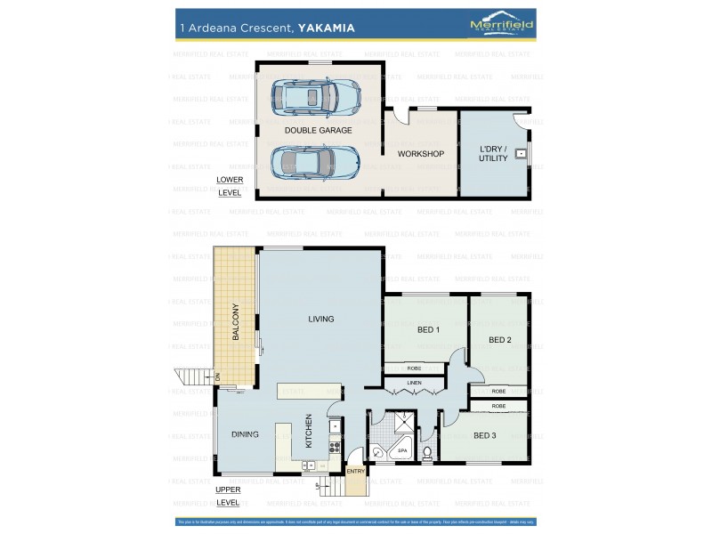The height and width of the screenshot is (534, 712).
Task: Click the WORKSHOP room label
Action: pos(420,154)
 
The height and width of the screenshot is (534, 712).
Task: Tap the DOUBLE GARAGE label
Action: pos(318,130)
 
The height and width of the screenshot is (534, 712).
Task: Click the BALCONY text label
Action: pos(236,321)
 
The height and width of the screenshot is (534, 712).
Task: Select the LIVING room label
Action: pos(321,319)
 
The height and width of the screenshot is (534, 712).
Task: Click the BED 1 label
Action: pos(428,330)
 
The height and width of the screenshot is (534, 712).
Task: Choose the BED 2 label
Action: pos(499,340)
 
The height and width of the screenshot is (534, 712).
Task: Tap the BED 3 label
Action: pos(484,435)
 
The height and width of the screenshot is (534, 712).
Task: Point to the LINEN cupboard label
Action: pos(414,383)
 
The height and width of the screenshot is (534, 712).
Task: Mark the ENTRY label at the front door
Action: pos(355,471)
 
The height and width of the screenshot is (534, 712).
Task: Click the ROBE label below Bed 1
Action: pos(414,368)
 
